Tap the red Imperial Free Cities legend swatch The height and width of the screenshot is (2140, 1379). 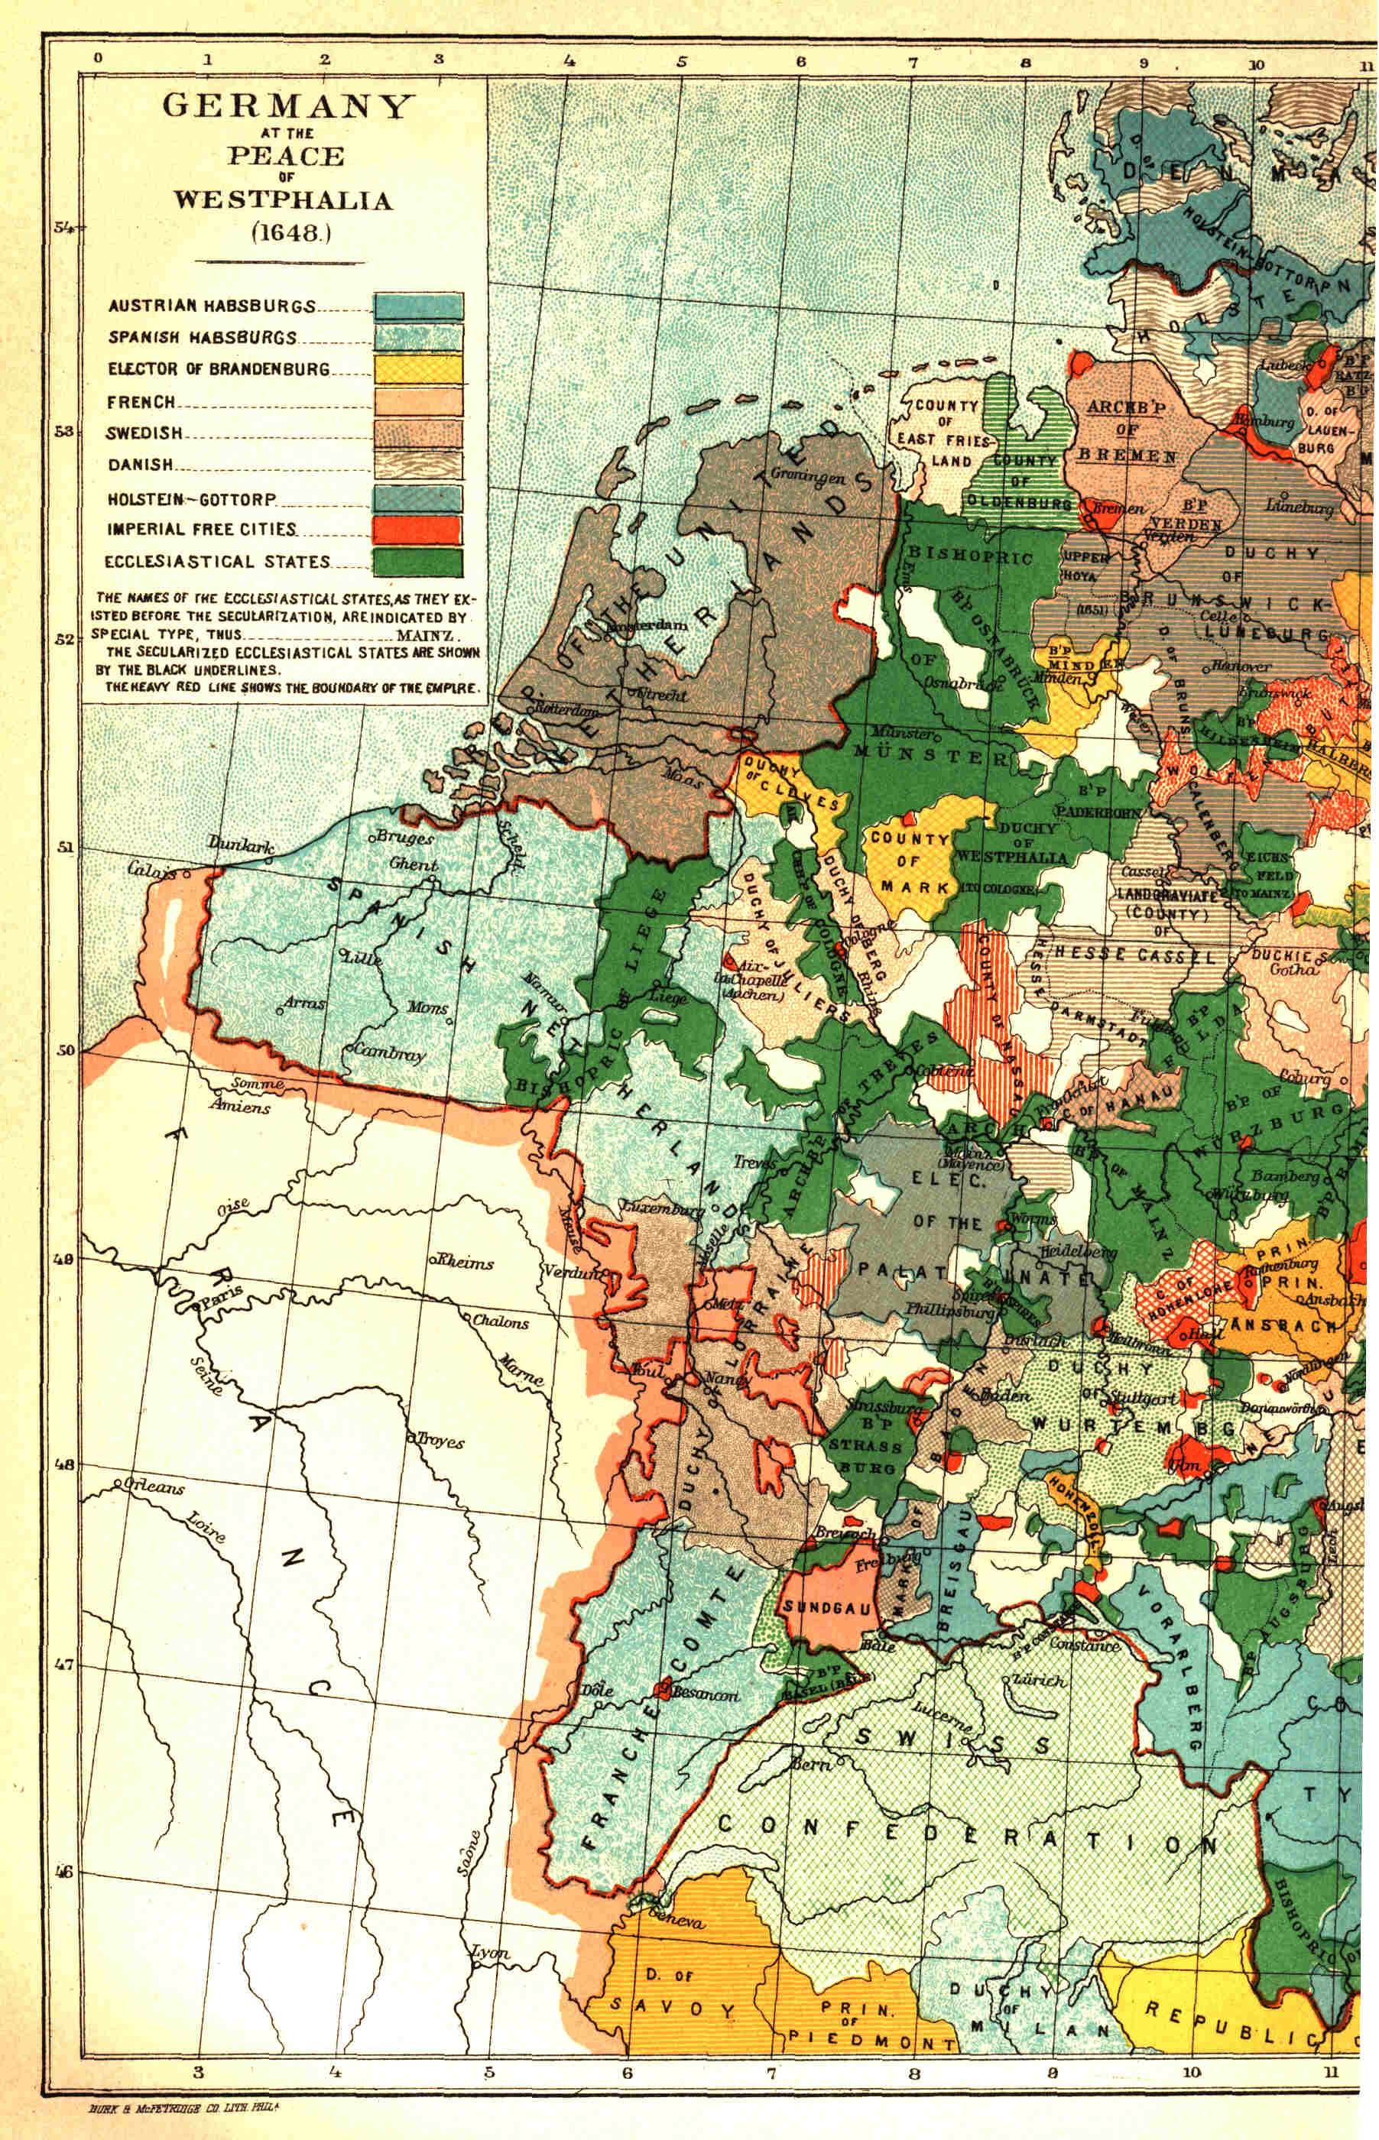[418, 530]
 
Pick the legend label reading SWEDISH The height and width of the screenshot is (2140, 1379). [144, 433]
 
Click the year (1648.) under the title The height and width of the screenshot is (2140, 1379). [291, 234]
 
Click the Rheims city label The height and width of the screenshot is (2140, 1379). [464, 1262]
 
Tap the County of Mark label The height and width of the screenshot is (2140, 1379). [909, 863]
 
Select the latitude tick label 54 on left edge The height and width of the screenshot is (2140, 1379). [63, 227]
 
